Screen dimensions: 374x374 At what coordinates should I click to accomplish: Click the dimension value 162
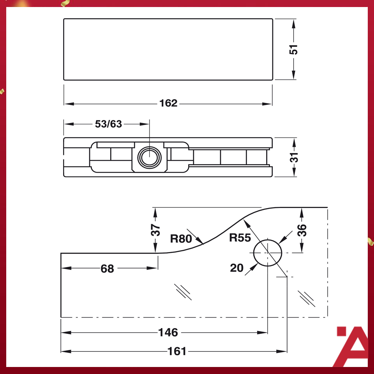coord(168,103)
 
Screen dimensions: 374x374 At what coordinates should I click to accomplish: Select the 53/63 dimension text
coord(108,124)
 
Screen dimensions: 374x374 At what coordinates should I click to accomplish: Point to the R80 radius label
coord(181,238)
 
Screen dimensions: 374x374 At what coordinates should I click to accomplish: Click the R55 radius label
coord(240,237)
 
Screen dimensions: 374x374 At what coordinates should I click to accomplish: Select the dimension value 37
coord(155,230)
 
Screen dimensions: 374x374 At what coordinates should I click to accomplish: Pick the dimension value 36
coord(302,230)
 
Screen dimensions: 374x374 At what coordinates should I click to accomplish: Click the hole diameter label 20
coord(236,268)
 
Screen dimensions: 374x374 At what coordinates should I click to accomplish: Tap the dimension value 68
coord(107,268)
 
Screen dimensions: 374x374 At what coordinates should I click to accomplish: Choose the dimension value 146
coord(168,332)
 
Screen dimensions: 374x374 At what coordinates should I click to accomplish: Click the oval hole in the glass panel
coord(268,252)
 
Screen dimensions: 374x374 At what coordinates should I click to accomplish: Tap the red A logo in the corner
coord(352,346)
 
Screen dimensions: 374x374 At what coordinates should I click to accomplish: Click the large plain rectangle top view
coord(168,49)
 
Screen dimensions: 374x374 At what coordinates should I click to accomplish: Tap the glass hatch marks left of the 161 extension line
coord(183,291)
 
